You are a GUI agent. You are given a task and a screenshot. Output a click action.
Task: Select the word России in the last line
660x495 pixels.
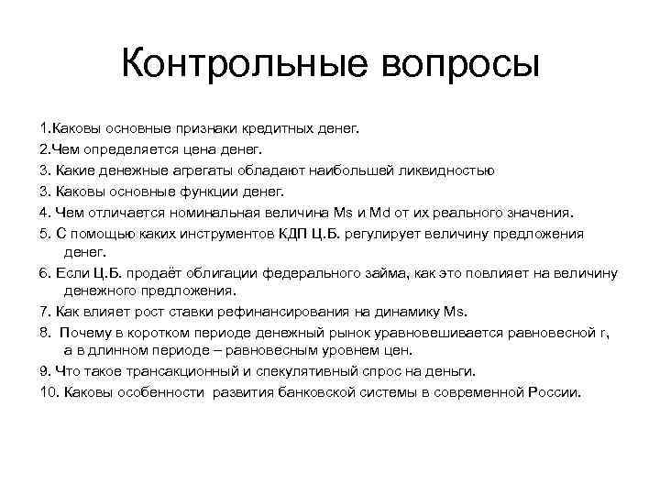coord(554,392)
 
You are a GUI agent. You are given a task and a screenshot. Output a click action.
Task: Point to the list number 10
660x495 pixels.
coord(49,392)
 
